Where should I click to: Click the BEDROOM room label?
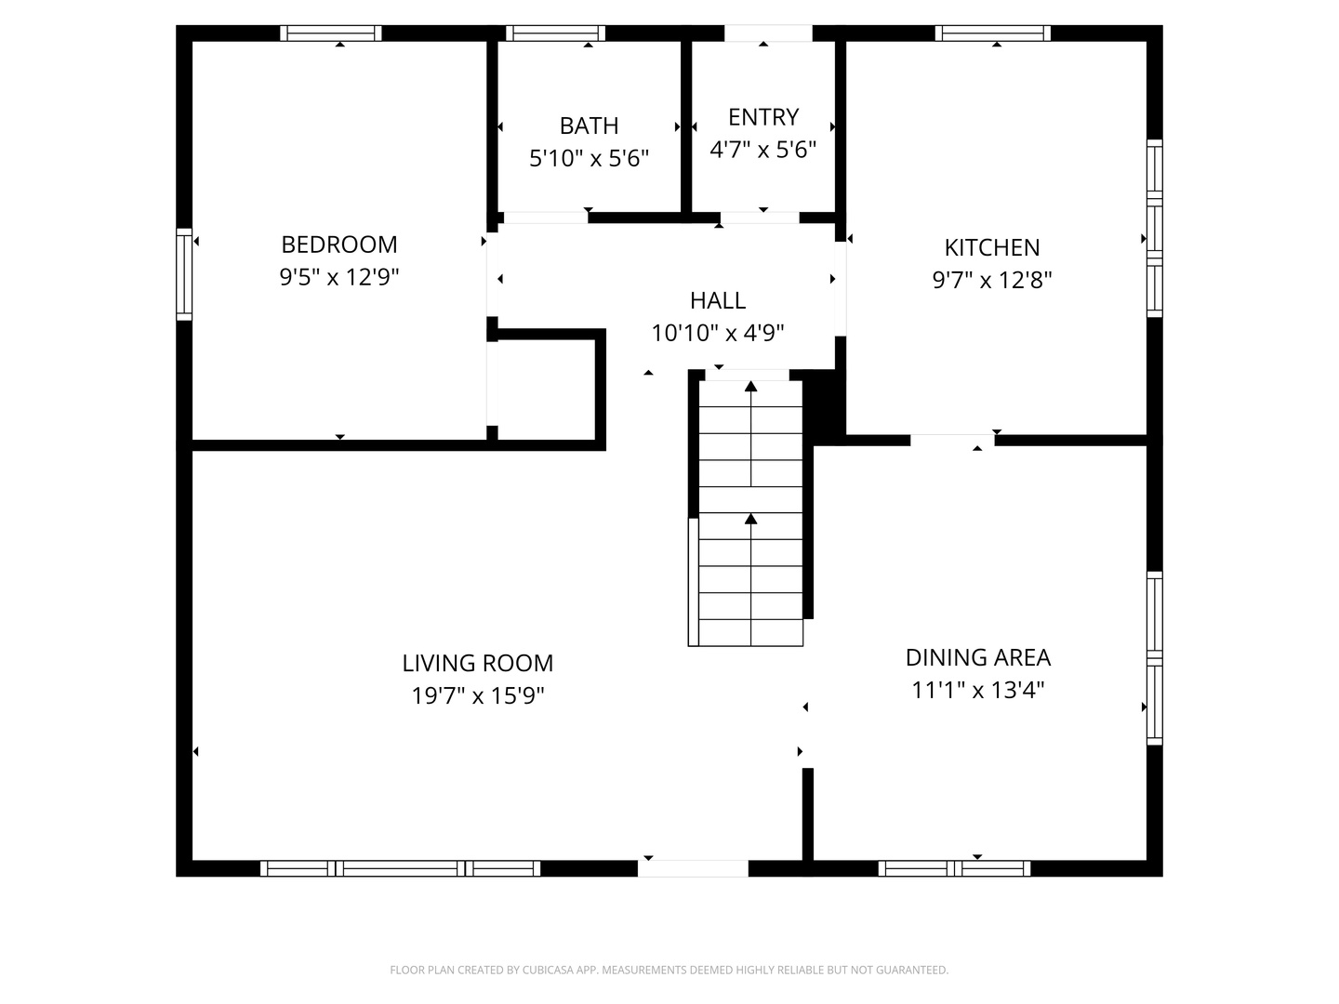(x=338, y=244)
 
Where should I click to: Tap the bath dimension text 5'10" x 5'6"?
(x=589, y=158)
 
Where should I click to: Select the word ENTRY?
(x=762, y=117)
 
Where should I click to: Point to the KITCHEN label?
(x=991, y=247)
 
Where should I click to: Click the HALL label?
(x=717, y=300)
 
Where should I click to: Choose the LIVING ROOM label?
(x=477, y=663)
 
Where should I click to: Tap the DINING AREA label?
(x=977, y=657)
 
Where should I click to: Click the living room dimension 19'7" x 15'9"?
(x=477, y=695)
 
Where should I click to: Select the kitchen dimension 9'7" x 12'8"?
(x=991, y=280)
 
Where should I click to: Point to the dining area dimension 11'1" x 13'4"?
(x=977, y=690)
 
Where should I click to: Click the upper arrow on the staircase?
(x=750, y=387)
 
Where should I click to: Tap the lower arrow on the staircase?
(x=750, y=519)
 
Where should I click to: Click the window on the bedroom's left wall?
(x=184, y=274)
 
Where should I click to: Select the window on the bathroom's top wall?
(x=555, y=33)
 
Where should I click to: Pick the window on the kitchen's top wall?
(x=992, y=33)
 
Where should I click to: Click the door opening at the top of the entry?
(x=768, y=33)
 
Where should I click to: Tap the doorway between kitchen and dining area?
(x=952, y=441)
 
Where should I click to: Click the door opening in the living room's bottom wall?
(x=692, y=868)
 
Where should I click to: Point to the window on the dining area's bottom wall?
(x=954, y=868)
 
